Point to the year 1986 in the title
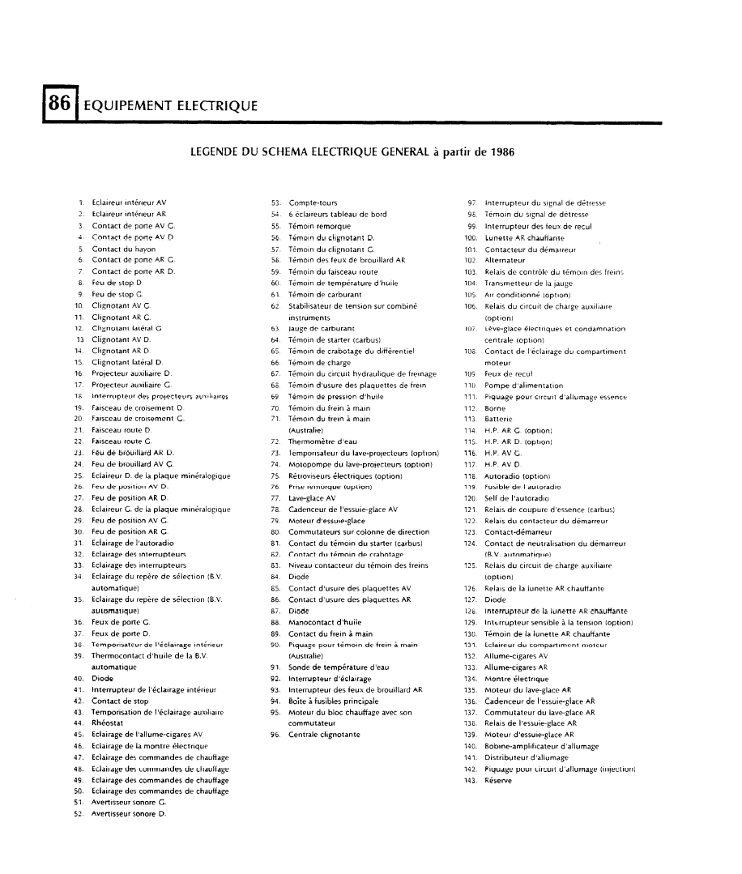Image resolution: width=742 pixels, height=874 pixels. click(497, 151)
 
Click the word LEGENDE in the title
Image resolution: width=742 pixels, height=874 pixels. click(217, 151)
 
